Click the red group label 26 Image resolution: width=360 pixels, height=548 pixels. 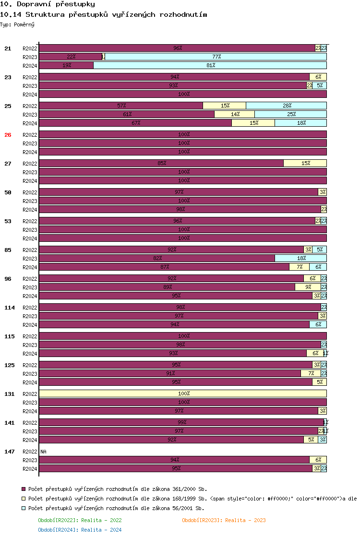(8, 135)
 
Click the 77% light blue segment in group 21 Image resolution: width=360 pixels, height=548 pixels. (216, 57)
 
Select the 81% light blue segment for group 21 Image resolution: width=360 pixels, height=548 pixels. (210, 65)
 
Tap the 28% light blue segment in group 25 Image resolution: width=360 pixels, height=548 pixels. (287, 106)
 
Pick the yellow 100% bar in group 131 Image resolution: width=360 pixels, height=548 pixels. (183, 393)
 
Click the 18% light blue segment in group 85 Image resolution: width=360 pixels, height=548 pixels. (301, 258)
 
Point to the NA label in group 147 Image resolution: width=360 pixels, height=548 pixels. (44, 452)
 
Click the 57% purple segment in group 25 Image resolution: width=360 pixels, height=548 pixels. (121, 106)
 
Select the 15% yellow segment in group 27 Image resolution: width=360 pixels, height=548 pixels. (305, 163)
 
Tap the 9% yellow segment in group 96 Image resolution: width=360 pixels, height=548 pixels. (308, 287)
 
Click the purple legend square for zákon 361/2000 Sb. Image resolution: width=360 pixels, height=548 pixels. (24, 489)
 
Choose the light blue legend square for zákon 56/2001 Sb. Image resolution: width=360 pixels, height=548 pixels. (24, 508)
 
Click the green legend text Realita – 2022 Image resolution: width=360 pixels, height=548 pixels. (80, 520)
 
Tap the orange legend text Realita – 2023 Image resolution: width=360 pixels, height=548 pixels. (224, 520)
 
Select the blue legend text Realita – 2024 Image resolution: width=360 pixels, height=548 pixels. (80, 530)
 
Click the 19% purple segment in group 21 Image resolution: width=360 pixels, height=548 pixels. (66, 65)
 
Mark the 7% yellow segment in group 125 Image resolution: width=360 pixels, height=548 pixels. (311, 373)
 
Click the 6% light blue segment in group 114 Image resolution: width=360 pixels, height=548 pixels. (318, 324)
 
